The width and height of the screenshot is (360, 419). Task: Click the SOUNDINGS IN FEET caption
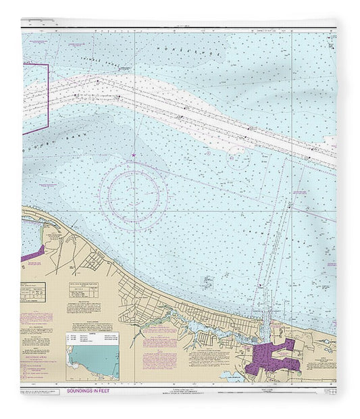[95, 391]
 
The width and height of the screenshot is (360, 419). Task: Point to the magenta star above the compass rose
[134, 157]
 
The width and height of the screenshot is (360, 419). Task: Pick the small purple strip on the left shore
[32, 254]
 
